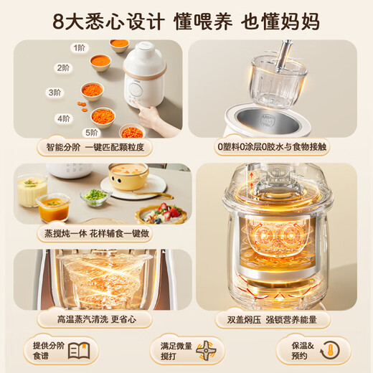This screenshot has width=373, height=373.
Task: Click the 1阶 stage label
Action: [77, 48]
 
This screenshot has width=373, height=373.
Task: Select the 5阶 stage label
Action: [91, 133]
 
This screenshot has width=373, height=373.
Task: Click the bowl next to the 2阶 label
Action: [100, 62]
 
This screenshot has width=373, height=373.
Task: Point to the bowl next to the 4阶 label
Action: [103, 115]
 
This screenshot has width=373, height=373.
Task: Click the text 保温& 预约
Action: [296, 351]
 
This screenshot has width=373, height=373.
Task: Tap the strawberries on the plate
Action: [169, 212]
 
